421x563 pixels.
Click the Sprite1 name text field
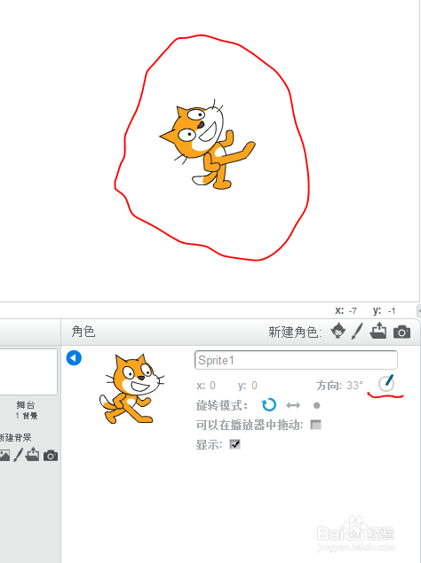[x=295, y=361]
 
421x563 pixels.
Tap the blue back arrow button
[x=75, y=358]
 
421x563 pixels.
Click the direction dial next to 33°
[x=386, y=384]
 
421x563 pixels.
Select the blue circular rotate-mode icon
[x=269, y=405]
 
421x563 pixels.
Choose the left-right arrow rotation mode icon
[x=293, y=405]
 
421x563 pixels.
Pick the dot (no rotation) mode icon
[x=316, y=405]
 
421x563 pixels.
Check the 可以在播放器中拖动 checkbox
[x=315, y=425]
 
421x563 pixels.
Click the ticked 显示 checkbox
[x=235, y=444]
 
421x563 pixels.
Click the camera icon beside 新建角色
[x=402, y=332]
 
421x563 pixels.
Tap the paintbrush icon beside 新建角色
[x=358, y=332]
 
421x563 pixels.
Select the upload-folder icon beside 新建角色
[x=379, y=332]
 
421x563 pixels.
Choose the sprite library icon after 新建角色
[x=338, y=332]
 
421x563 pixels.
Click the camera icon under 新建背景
[x=51, y=455]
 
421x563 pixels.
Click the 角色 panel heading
[x=83, y=332]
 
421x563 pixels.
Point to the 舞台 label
[x=26, y=404]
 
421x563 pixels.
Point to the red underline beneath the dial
[x=385, y=396]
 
